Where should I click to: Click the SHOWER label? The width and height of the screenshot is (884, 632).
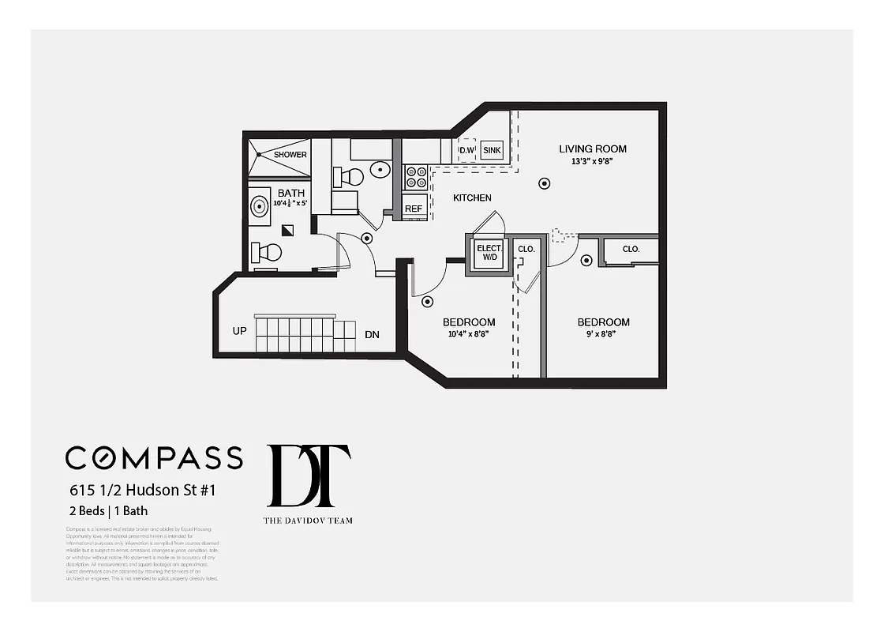click(x=290, y=155)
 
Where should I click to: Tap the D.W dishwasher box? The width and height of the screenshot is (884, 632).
click(x=467, y=150)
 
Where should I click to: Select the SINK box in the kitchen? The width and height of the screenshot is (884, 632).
click(x=492, y=150)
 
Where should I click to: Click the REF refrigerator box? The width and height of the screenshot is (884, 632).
click(x=414, y=209)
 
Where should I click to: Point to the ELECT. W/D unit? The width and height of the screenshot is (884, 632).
click(x=488, y=253)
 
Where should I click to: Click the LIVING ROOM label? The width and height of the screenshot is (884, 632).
click(x=593, y=149)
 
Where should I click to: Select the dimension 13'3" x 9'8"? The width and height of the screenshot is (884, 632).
click(x=592, y=161)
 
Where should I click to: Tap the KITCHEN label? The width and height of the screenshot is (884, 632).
click(x=472, y=198)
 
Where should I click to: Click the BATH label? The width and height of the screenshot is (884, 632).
click(x=290, y=193)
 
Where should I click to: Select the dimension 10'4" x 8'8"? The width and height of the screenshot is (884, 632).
click(x=469, y=334)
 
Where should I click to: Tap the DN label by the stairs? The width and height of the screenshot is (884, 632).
click(x=372, y=335)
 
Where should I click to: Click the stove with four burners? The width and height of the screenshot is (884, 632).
click(x=415, y=178)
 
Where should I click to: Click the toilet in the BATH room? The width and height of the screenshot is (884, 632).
click(x=266, y=253)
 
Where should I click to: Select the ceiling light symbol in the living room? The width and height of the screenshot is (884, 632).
click(x=544, y=183)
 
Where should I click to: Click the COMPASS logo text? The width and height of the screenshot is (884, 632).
click(x=154, y=458)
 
